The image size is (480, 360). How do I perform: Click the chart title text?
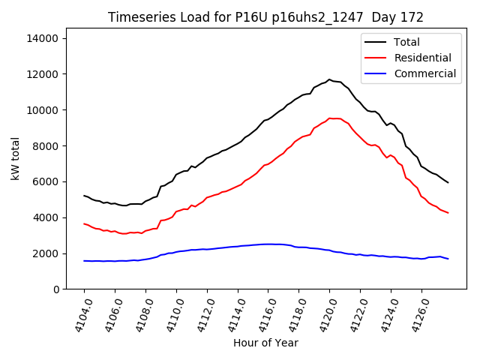pos(265,17)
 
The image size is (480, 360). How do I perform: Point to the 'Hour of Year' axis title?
pos(265,343)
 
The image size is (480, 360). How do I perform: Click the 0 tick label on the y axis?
pos(57,289)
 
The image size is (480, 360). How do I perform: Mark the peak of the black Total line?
pos(329,79)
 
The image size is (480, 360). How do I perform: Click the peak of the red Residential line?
pos(330,118)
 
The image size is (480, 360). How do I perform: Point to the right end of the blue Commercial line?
pos(448,259)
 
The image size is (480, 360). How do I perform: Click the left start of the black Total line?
pos(84,196)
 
